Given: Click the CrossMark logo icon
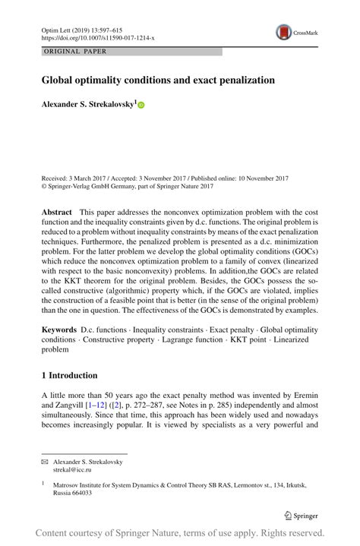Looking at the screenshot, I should pyautogui.click(x=284, y=31).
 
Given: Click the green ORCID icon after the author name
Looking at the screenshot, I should pyautogui.click(x=141, y=105).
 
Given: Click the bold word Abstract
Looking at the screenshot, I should pyautogui.click(x=56, y=211).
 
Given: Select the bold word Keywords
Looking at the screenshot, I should pyautogui.click(x=58, y=330).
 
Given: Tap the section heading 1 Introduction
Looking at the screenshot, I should pyautogui.click(x=69, y=375).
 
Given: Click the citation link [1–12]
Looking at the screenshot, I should pyautogui.click(x=95, y=407).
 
